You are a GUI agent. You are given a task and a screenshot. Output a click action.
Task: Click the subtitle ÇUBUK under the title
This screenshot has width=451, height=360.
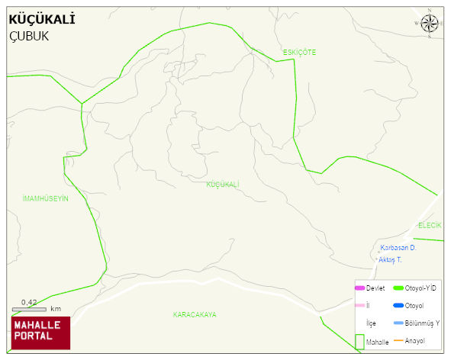[x=29, y=36]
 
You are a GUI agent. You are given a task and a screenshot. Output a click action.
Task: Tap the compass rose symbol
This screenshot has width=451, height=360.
[x=430, y=24]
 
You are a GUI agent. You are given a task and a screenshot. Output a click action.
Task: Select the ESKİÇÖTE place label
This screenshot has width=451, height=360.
[x=299, y=52]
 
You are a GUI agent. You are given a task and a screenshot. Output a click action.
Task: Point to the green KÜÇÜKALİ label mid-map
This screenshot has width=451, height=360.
[x=223, y=185]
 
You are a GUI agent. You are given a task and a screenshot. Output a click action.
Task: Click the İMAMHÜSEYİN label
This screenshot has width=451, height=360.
[x=46, y=198]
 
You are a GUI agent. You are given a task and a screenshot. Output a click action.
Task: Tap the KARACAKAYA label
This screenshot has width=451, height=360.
[x=195, y=314]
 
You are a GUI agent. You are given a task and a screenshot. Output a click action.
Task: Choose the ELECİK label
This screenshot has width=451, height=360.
[x=430, y=225]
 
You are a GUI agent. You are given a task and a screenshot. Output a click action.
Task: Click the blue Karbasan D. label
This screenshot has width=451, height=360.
[x=398, y=248]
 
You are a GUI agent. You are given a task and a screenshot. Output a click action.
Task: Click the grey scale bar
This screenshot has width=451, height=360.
[x=29, y=310]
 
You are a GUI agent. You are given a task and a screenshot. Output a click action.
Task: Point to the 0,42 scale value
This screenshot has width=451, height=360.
[x=29, y=302]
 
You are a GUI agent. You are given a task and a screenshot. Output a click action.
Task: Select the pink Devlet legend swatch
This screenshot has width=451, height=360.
[x=359, y=288]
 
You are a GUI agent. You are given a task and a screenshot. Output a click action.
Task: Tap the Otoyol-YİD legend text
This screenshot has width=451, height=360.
[x=420, y=288]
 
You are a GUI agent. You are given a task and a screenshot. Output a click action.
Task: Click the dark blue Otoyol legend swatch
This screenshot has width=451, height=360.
[x=398, y=306]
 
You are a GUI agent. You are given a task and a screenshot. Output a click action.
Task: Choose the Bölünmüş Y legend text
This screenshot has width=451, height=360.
[x=422, y=323]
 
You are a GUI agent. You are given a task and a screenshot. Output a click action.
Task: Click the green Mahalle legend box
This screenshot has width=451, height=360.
[x=359, y=342]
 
